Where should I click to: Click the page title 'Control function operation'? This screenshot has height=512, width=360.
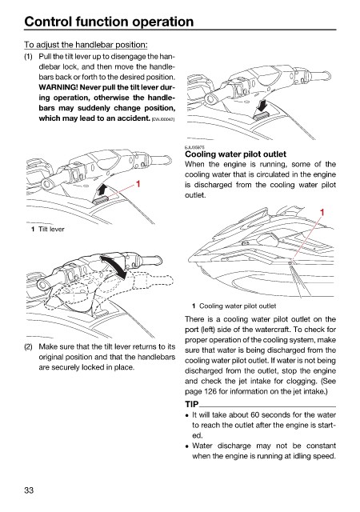[x=109, y=22]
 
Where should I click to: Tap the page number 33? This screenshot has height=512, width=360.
[x=29, y=490]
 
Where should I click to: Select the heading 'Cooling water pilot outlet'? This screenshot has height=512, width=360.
[x=235, y=154]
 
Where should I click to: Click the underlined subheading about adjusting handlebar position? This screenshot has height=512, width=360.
[x=86, y=45]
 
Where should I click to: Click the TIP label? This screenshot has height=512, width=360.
[x=192, y=404]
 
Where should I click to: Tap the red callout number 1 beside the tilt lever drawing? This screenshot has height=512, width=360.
[x=138, y=184]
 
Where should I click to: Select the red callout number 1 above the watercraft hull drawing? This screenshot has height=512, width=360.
[x=322, y=213]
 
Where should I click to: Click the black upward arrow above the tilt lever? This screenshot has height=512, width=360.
[x=102, y=190]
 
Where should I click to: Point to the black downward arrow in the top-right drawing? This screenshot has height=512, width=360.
[x=262, y=106]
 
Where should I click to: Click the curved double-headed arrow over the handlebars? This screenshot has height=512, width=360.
[x=114, y=266]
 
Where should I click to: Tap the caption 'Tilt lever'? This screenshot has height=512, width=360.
[x=51, y=230]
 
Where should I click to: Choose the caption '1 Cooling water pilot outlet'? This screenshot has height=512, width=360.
[x=234, y=306]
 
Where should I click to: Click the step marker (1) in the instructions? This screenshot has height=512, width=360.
[x=29, y=57]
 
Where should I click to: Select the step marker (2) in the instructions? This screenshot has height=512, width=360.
[x=29, y=346]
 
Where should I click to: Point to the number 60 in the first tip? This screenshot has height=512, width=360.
[x=255, y=414]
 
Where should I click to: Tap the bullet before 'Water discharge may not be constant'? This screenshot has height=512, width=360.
[x=187, y=446]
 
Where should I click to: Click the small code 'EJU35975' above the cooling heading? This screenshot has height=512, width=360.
[x=193, y=147]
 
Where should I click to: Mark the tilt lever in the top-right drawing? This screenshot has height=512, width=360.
[x=261, y=115]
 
